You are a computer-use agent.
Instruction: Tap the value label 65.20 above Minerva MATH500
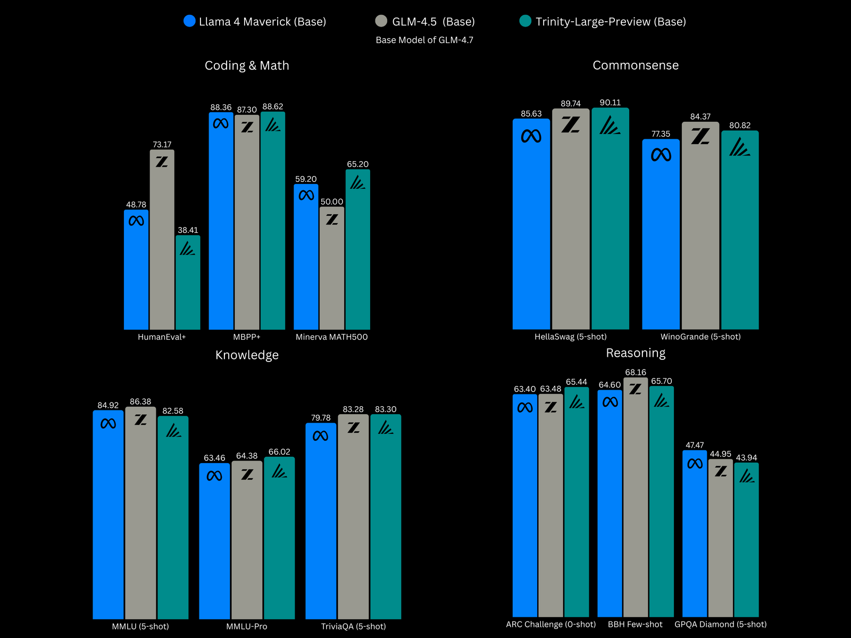tap(357, 164)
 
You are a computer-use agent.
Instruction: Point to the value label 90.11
tap(610, 103)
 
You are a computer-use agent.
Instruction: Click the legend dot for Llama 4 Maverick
tap(189, 21)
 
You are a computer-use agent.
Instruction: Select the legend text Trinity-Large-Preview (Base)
tap(611, 22)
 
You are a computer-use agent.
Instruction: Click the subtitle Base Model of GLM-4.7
tap(424, 40)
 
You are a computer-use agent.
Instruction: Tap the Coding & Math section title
tap(247, 65)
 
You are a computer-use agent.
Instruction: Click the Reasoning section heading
tap(636, 353)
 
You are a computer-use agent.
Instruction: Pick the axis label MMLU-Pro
tap(247, 626)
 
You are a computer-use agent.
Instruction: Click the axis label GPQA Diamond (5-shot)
tap(720, 624)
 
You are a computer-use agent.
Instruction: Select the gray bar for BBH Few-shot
tap(636, 505)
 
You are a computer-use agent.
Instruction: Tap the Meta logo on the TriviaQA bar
tap(321, 436)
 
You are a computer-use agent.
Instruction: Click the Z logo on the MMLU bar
tap(140, 420)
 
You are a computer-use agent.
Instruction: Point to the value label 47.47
tap(695, 445)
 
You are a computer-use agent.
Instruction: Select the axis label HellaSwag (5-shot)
tap(570, 337)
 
